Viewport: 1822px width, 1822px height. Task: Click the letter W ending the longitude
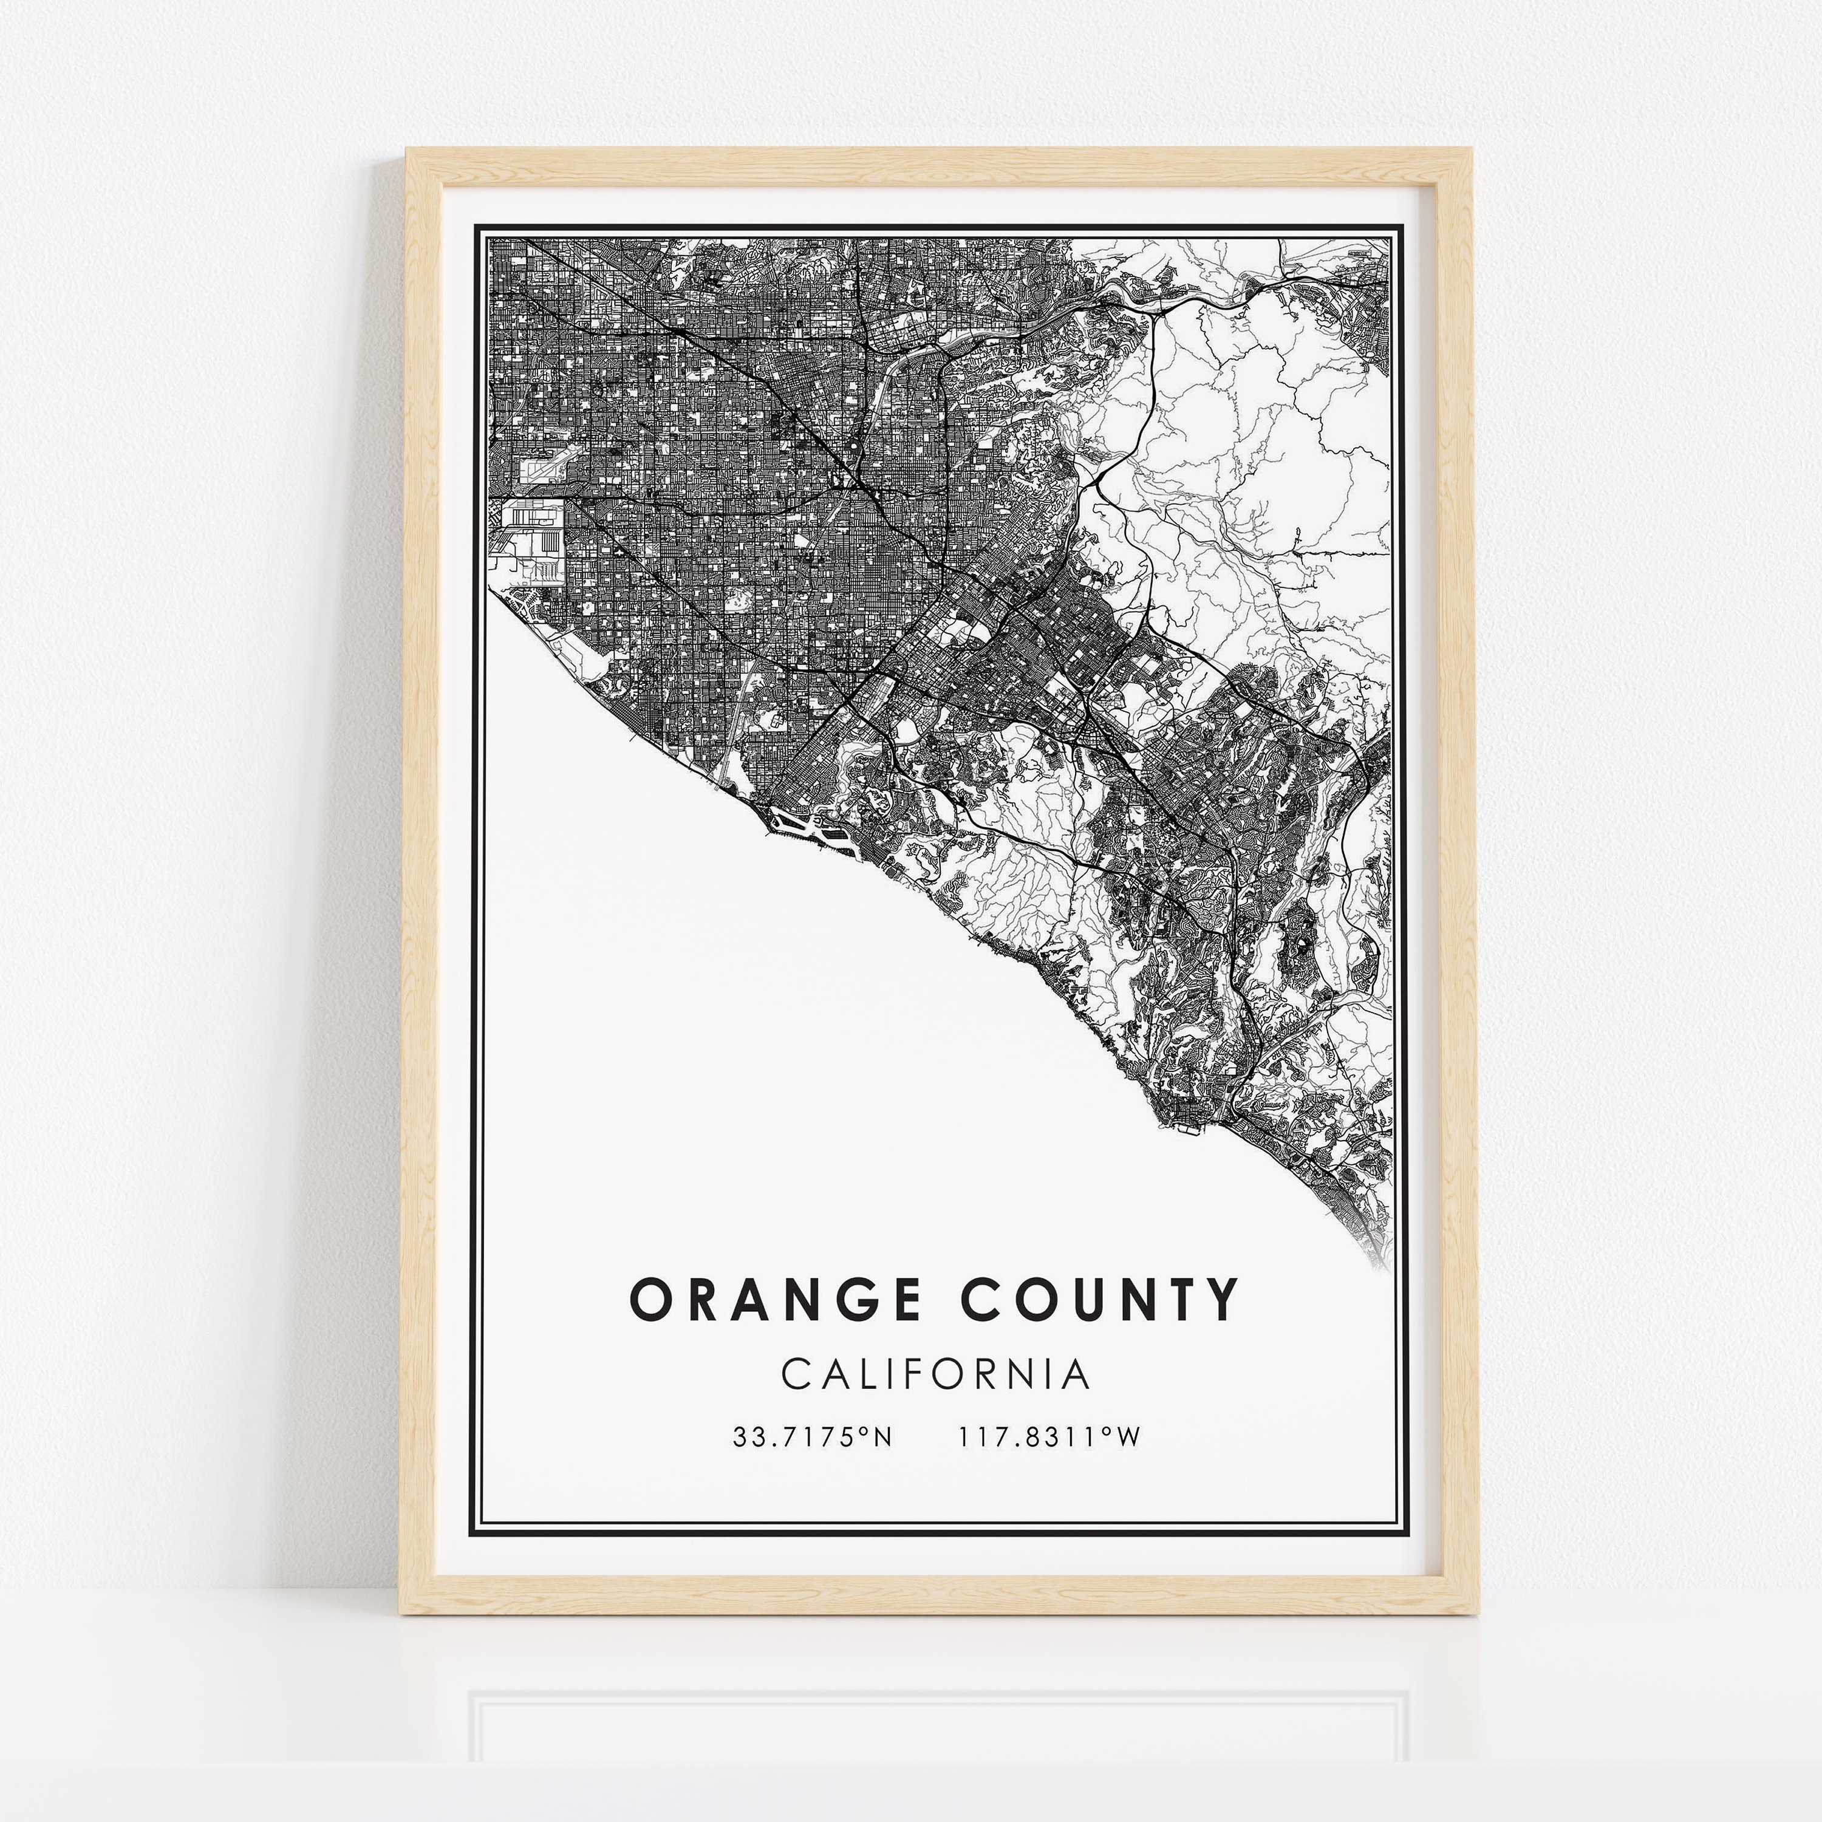point(1128,1437)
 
